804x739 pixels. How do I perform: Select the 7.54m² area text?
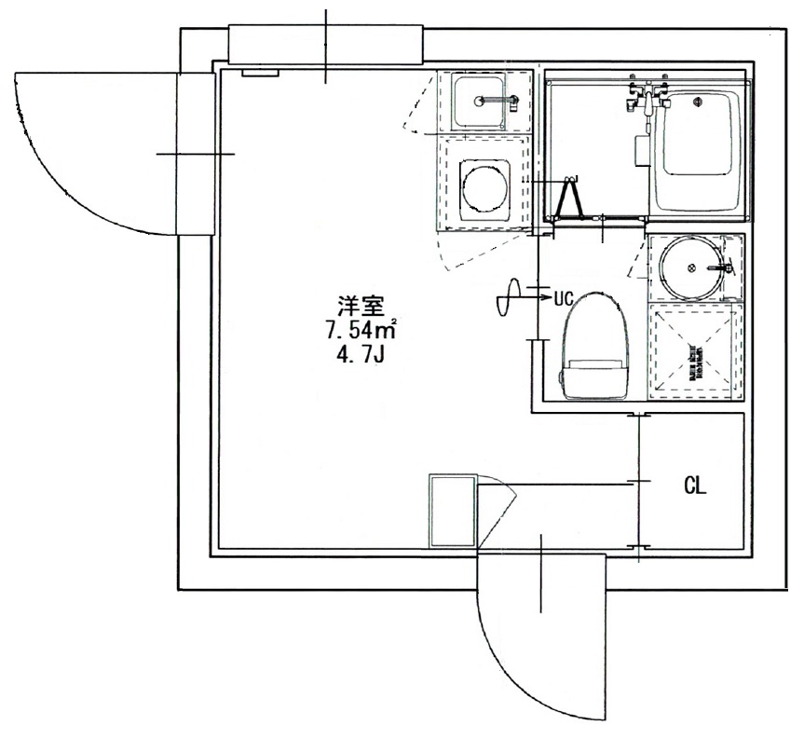point(361,329)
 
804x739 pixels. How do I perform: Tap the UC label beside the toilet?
point(563,299)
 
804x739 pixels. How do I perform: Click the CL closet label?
point(694,485)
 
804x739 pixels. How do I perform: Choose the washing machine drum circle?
point(484,187)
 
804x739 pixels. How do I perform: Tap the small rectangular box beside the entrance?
point(453,511)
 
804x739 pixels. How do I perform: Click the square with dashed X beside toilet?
point(695,351)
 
